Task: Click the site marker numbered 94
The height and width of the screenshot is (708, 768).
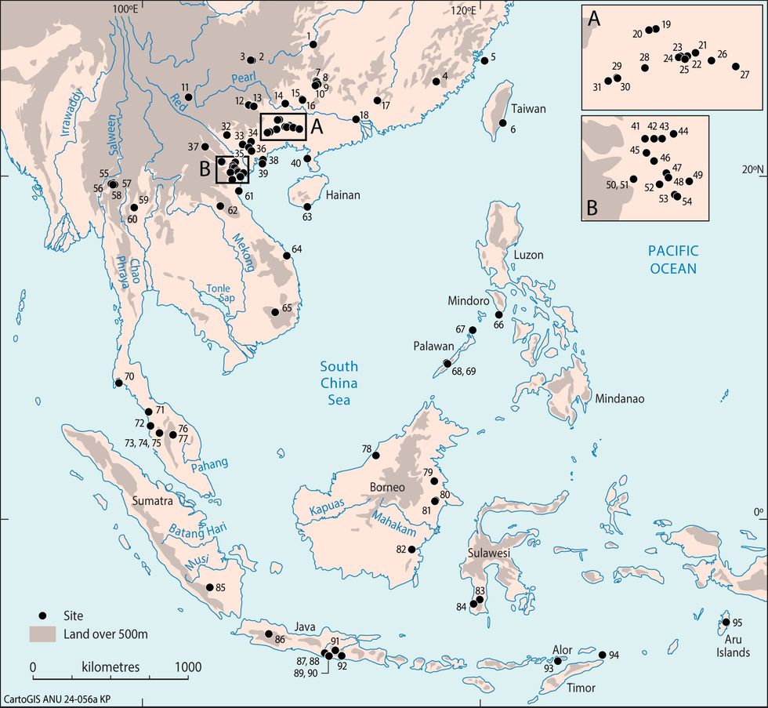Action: coord(602,655)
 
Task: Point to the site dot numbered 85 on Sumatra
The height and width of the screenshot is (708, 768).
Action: coord(209,587)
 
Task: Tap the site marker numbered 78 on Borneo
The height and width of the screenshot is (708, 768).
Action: coord(375,456)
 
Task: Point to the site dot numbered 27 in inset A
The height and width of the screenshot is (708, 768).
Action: coord(736,67)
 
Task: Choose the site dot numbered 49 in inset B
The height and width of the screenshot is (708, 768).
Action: coord(689,181)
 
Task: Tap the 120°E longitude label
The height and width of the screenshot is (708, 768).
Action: coord(462,10)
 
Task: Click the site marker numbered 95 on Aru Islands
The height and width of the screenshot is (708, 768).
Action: coord(726,623)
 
